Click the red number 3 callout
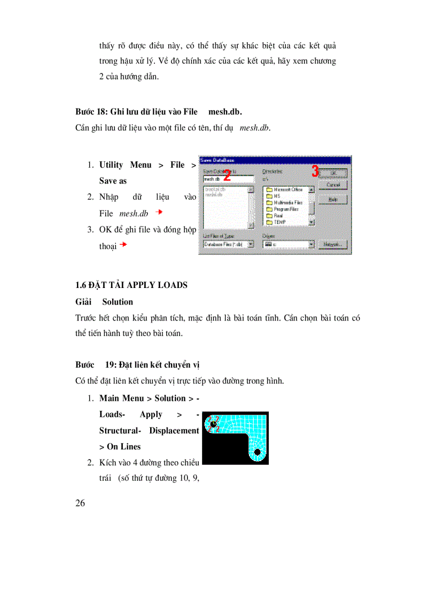click(315, 171)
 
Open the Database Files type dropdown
click(251, 245)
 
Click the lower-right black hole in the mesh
click(258, 452)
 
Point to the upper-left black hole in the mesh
click(214, 424)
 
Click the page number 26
click(81, 503)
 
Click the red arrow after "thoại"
click(123, 245)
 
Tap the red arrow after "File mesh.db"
click(158, 213)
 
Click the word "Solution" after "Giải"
click(118, 302)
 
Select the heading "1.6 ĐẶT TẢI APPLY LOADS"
click(131, 285)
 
